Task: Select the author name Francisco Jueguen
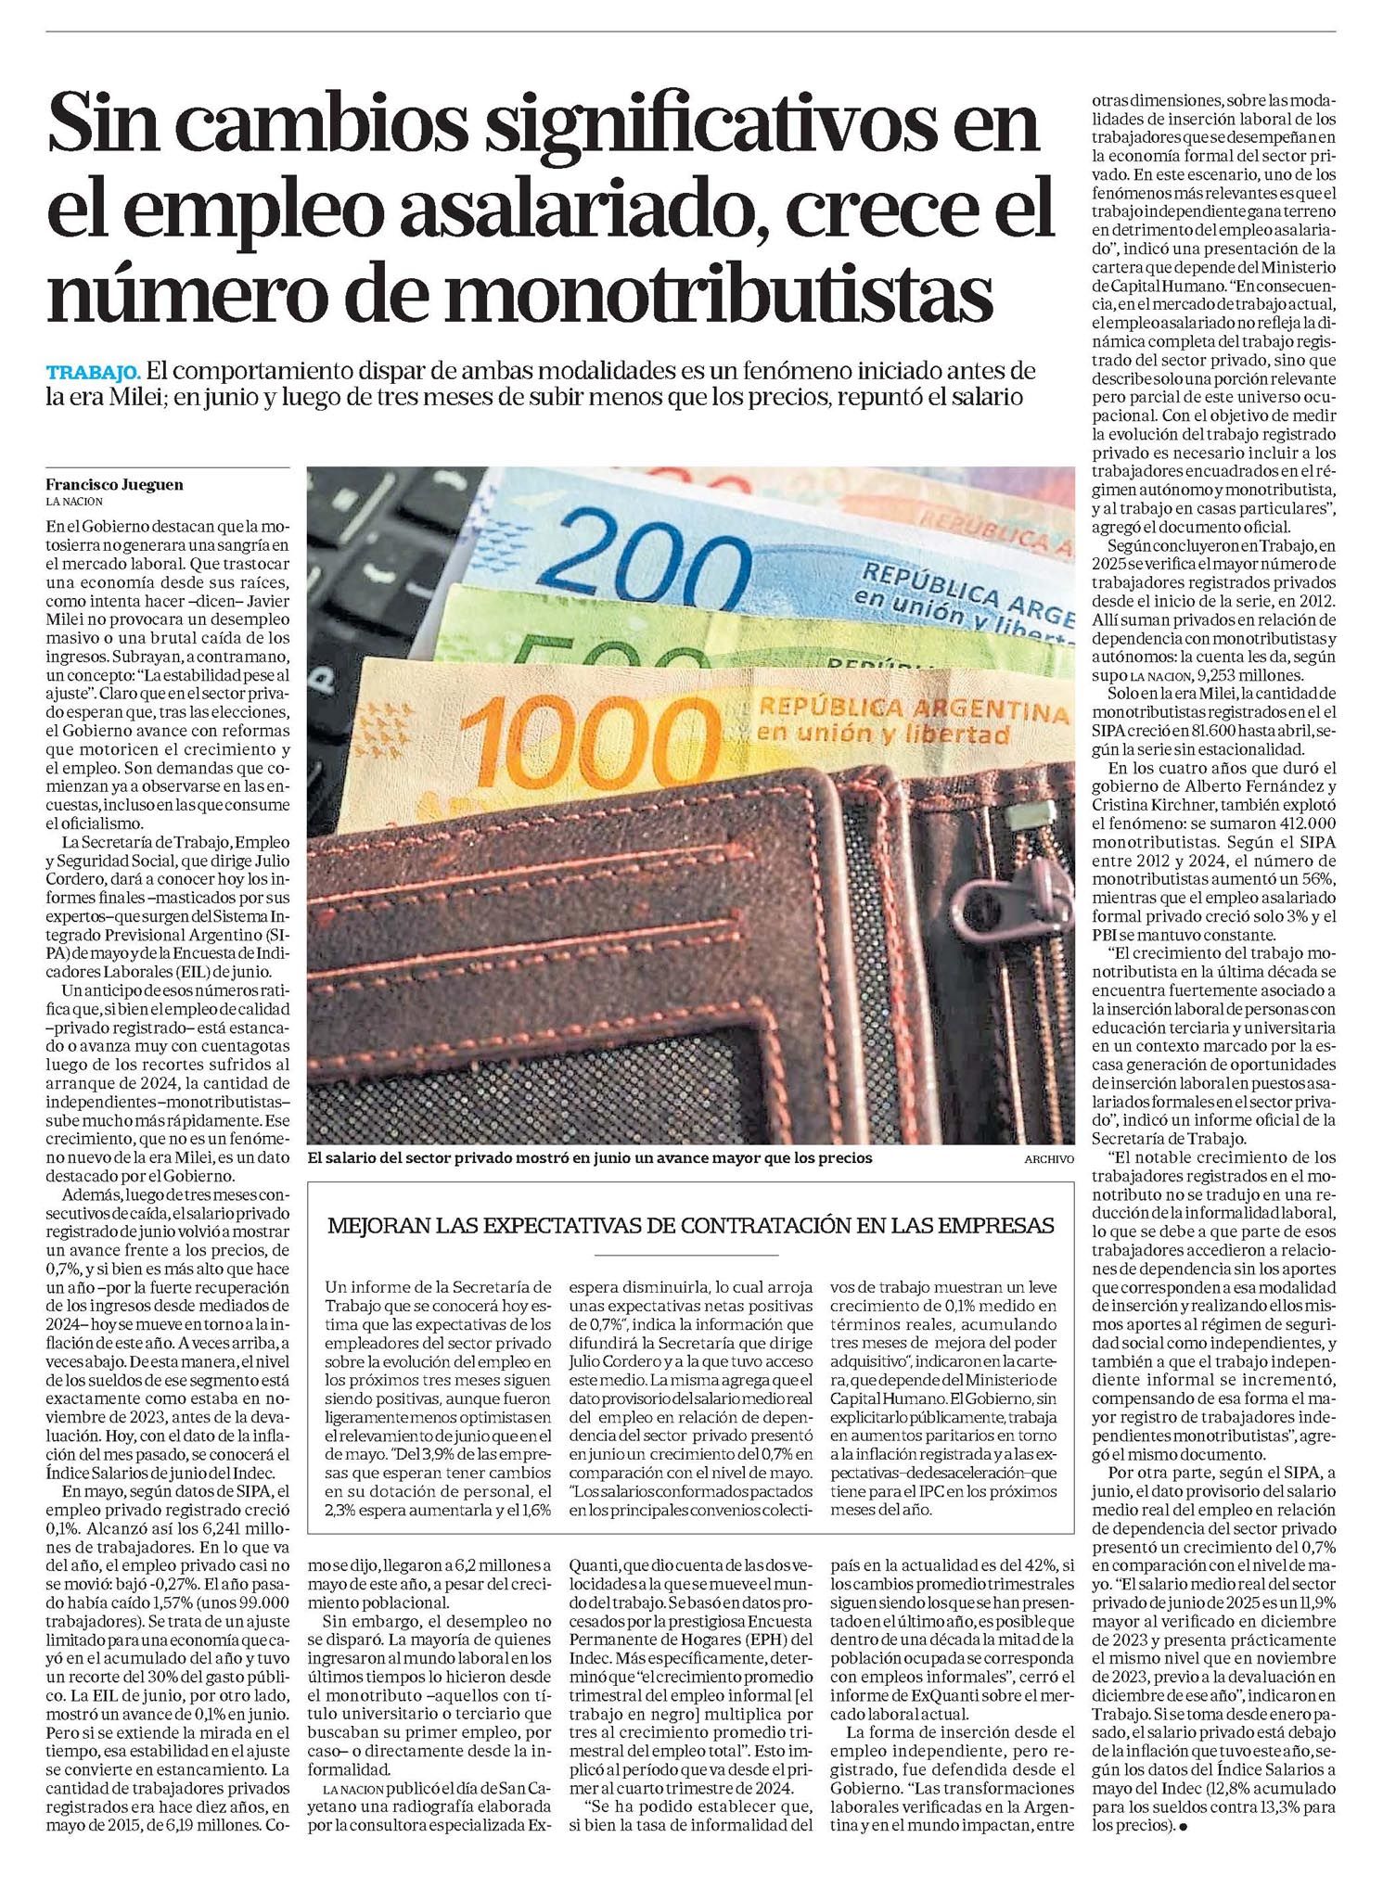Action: point(114,484)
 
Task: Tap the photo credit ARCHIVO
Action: point(1048,1159)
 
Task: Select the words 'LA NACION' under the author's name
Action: point(75,502)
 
